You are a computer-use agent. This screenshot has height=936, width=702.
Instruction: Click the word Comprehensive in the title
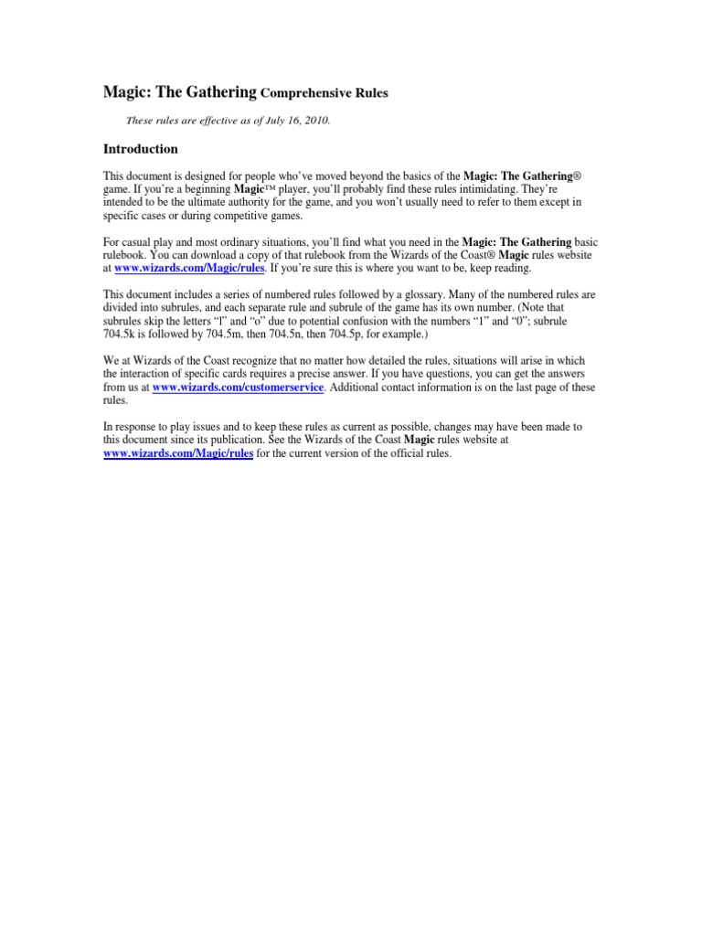[x=303, y=94]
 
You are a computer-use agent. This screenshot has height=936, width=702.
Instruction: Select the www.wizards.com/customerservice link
[x=238, y=388]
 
